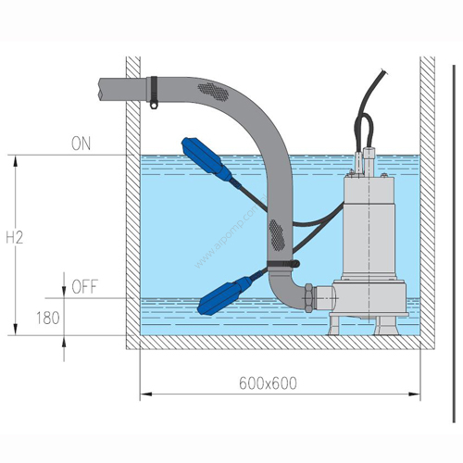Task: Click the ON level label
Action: pos(81,144)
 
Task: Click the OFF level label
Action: pos(84,287)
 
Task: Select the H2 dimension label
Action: pos(15,238)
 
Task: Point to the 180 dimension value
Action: pos(48,318)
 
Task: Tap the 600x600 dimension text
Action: pos(268,383)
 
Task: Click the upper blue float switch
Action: pos(206,159)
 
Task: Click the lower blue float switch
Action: pos(224,295)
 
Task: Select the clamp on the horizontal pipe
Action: pos(154,92)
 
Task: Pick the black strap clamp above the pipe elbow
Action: pos(283,263)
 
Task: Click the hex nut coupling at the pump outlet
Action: pos(309,298)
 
